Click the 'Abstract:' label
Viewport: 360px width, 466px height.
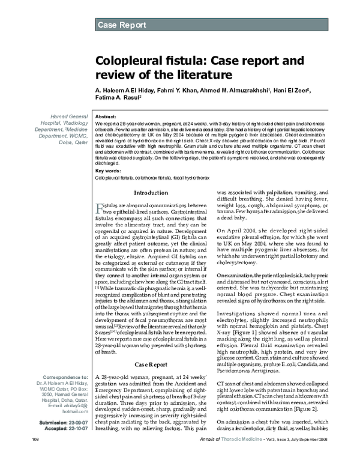point(106,115)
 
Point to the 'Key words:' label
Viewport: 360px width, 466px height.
point(108,171)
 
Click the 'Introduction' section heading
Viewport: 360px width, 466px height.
point(151,193)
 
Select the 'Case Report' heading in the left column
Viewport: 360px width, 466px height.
point(151,364)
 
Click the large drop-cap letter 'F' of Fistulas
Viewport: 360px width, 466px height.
point(100,208)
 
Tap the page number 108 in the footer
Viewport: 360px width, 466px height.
point(29,457)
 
